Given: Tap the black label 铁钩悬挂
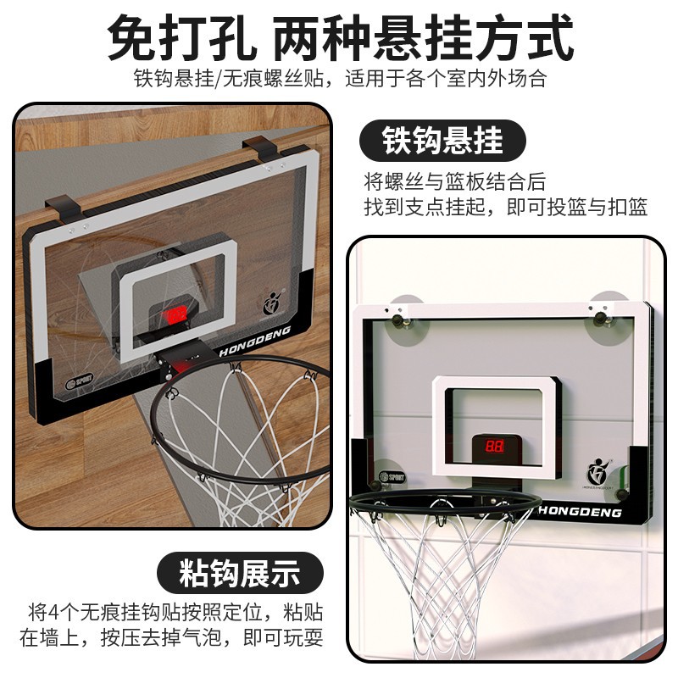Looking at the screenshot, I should [x=442, y=140].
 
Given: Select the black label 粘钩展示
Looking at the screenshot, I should [x=240, y=574].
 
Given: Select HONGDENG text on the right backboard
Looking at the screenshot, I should [x=581, y=512].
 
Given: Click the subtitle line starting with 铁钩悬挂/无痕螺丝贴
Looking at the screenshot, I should [x=339, y=79].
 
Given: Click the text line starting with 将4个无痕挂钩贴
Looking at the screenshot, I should [x=173, y=612].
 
